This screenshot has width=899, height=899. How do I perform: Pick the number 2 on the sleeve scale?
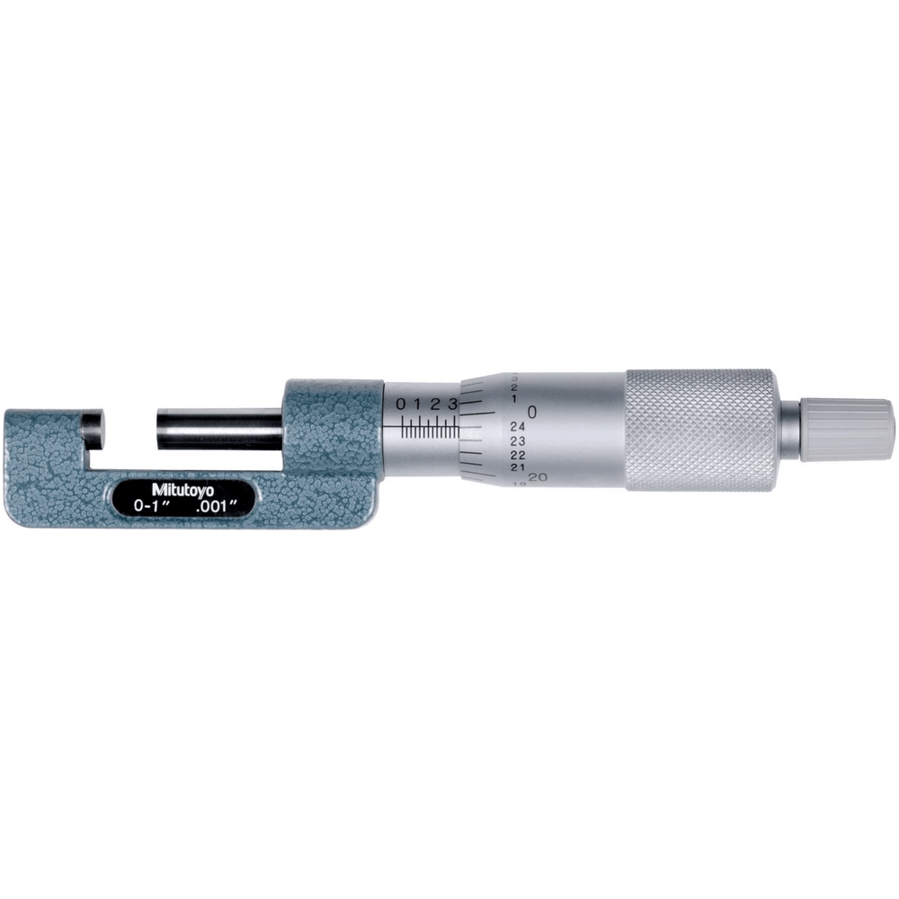(x=435, y=404)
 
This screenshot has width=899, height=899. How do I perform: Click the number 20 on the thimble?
(x=539, y=476)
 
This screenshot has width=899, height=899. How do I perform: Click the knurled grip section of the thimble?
(x=699, y=429)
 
